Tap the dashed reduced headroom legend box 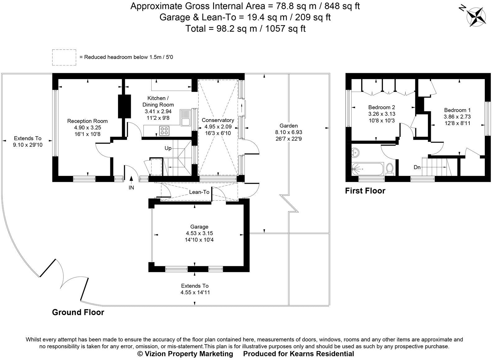pyautogui.click(x=64, y=57)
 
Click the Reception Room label pyautogui.click(x=87, y=121)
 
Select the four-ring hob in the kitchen pyautogui.click(x=164, y=131)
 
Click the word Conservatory pyautogui.click(x=217, y=120)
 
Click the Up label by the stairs pyautogui.click(x=168, y=148)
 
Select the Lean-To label pyautogui.click(x=199, y=192)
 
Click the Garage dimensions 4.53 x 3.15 pyautogui.click(x=199, y=233)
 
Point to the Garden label pyautogui.click(x=289, y=126)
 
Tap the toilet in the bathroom pyautogui.click(x=390, y=169)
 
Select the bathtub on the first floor pyautogui.click(x=368, y=169)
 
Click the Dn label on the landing pyautogui.click(x=417, y=168)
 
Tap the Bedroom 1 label pyautogui.click(x=457, y=110)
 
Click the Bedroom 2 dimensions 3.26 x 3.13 pyautogui.click(x=381, y=114)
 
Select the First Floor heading pyautogui.click(x=365, y=191)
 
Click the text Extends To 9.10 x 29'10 pyautogui.click(x=28, y=142)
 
